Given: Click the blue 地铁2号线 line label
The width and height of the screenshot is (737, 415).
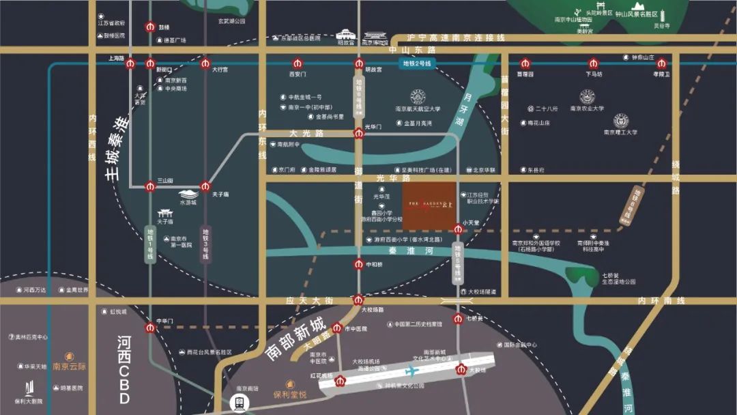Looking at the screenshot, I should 416,63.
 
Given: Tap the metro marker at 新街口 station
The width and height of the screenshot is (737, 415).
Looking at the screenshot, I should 150,63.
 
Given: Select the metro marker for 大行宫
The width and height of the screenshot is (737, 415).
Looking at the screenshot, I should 205,63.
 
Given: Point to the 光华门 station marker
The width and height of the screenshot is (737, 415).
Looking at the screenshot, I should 359,132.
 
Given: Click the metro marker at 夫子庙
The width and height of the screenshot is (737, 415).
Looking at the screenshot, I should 205,186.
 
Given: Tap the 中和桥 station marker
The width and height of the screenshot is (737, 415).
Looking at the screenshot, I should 359,264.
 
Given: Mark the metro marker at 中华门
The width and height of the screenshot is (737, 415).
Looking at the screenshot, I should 151,327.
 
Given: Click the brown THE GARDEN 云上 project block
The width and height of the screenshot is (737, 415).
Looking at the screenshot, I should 430,206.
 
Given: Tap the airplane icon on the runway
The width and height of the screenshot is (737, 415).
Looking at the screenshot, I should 411,371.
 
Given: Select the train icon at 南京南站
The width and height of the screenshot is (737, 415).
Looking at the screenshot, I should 240,403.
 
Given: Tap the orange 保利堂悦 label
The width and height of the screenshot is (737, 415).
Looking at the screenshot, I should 289,394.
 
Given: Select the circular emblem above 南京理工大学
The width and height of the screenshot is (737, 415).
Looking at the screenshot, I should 620,121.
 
